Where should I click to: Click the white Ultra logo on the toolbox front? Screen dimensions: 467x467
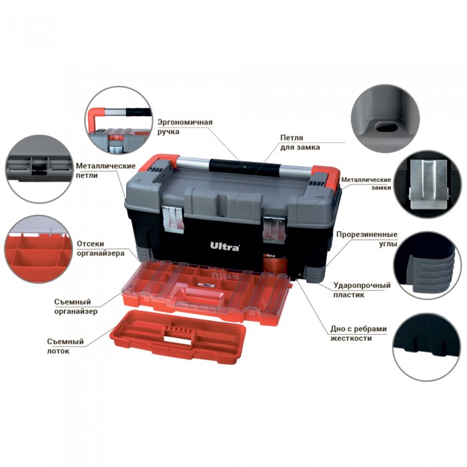225,247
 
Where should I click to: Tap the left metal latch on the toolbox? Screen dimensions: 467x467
173,220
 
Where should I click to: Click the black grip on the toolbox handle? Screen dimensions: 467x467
245,167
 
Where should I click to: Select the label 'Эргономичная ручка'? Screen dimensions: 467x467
185,127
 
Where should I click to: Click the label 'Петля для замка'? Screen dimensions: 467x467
300,142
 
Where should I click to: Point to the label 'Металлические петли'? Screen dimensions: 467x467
105,170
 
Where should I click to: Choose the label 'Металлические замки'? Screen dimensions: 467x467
366,183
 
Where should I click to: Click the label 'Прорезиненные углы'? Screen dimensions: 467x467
367,239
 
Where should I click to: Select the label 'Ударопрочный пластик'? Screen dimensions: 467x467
362,290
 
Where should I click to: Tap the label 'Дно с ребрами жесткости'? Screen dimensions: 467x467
359,334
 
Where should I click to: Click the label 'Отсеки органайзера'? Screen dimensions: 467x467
100,248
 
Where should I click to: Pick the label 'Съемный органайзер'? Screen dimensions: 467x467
75,306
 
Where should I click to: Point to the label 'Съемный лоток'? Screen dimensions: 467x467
65,346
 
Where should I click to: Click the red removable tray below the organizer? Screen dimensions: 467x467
178,336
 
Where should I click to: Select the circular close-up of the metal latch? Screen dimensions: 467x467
428,185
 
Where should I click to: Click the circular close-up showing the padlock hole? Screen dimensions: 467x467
385,119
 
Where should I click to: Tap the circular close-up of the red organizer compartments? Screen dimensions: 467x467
39,250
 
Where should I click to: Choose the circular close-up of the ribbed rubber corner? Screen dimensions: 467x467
428,266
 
